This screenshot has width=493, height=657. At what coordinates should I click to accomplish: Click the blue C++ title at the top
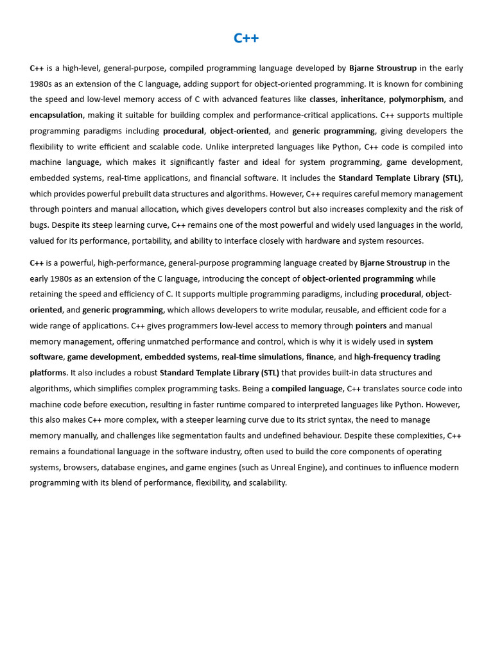point(246,38)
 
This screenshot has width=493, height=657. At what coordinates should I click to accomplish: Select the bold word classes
point(323,99)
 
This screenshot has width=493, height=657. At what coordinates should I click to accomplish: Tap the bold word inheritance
point(362,99)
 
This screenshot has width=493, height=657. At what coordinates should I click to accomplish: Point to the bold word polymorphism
point(416,99)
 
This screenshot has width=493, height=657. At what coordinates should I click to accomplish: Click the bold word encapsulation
point(56,115)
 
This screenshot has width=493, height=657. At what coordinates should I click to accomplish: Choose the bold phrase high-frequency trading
point(397,357)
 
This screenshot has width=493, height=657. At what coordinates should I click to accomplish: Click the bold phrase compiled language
point(307,389)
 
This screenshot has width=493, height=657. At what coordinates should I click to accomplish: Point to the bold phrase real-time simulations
point(261,357)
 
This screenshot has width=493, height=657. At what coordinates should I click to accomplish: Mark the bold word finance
point(320,357)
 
